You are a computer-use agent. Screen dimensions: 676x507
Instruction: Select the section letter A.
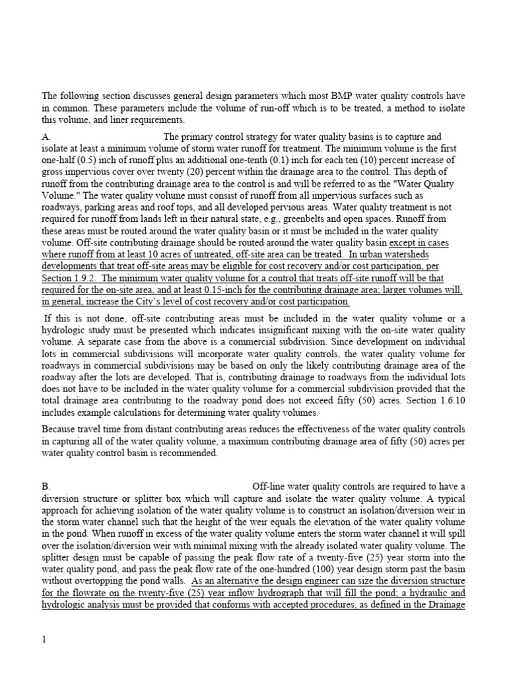pos(46,137)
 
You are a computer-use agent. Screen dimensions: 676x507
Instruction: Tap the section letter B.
pos(46,485)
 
